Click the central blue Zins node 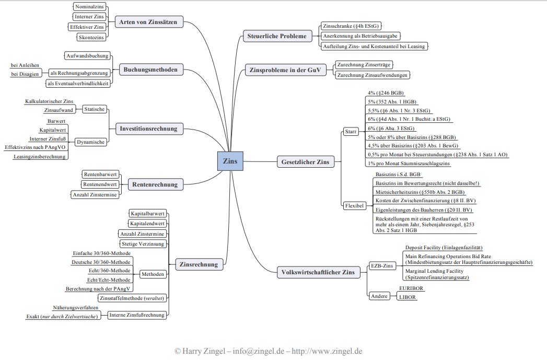click(x=230, y=161)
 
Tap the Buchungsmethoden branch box click(x=150, y=69)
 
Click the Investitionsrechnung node click(x=148, y=129)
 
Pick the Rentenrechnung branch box click(x=155, y=184)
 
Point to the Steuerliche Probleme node click(x=277, y=36)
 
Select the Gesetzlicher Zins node click(x=305, y=162)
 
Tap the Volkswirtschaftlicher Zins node click(x=318, y=272)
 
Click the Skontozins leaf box click(x=91, y=37)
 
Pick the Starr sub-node click(x=351, y=132)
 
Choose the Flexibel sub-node click(x=354, y=205)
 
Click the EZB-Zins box click(x=381, y=265)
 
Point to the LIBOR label click(x=408, y=297)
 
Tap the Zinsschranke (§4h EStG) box click(x=351, y=26)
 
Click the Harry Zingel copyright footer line click(x=269, y=351)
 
